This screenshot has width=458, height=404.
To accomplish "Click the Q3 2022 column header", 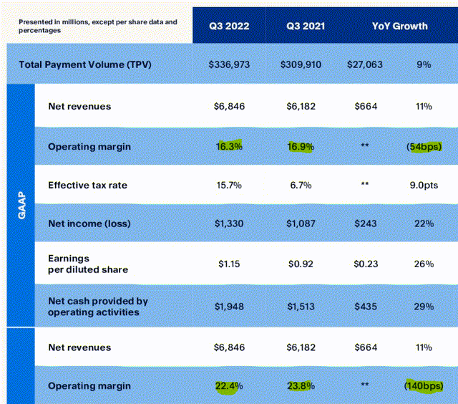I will [229, 26].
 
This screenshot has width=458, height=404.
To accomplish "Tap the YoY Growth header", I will [399, 26].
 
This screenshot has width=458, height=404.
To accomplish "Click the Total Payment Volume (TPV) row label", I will [90, 64].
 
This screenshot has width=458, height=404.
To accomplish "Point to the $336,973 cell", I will [229, 64].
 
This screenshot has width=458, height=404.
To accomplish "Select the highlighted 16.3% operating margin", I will [229, 146].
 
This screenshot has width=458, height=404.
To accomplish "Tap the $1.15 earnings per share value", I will [229, 264].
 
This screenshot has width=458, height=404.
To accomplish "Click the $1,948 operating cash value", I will [229, 307].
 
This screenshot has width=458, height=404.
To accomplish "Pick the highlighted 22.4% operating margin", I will [229, 386].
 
